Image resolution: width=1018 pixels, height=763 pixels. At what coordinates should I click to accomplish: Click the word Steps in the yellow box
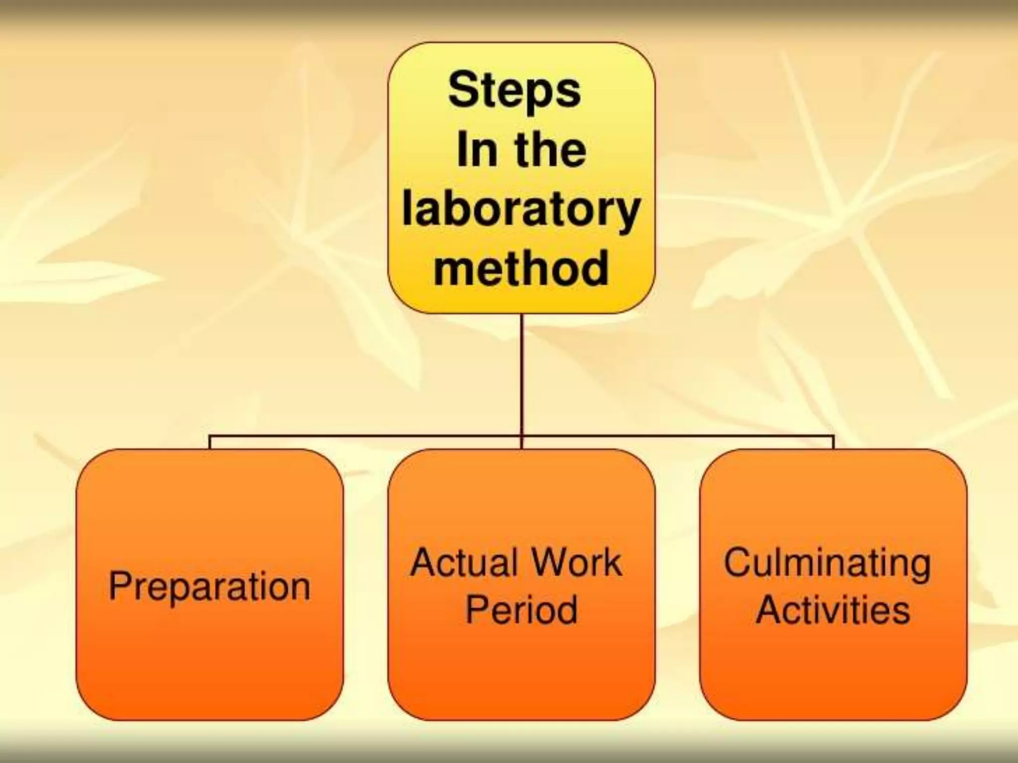point(514,90)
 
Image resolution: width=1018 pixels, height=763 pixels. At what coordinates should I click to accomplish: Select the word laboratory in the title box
point(520,211)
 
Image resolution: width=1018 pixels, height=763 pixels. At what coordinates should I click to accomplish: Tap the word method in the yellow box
point(521,268)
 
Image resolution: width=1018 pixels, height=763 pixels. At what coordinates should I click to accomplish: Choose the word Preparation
point(209,587)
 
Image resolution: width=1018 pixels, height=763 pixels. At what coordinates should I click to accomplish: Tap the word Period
point(521,610)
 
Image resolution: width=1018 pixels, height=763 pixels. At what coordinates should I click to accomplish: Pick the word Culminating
point(828,564)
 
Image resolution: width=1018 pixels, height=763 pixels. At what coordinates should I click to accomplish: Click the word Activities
point(833,610)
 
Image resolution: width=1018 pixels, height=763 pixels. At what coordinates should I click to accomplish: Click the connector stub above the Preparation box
point(210,443)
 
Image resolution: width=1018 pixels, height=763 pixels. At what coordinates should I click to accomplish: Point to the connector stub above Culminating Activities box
point(833,443)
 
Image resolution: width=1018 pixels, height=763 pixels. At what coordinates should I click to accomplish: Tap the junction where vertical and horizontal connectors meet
point(522,437)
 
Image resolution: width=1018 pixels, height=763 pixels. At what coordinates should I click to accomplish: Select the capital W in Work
point(539,563)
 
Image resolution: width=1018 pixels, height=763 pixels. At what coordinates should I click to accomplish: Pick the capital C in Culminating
point(739,563)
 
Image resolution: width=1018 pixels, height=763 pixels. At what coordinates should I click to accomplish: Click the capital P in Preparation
point(120,586)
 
